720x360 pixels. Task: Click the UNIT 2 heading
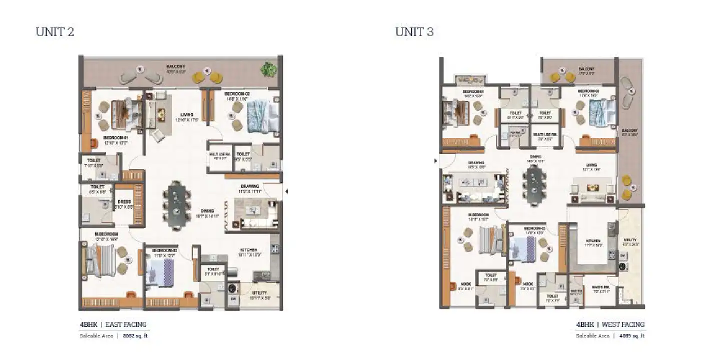click(55, 32)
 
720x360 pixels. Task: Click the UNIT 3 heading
click(414, 32)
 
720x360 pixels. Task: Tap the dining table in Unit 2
click(176, 204)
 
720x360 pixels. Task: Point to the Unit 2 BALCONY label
click(176, 66)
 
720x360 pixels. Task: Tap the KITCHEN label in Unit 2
click(248, 249)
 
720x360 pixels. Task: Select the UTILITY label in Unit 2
click(259, 292)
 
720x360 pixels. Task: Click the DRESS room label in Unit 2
click(124, 201)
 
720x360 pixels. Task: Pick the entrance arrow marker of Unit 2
click(286, 190)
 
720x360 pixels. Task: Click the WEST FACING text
click(623, 324)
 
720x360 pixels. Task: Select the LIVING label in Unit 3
click(592, 164)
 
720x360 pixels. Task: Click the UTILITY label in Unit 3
click(630, 240)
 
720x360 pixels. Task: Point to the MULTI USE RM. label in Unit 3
click(544, 134)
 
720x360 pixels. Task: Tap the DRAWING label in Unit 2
click(249, 186)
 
